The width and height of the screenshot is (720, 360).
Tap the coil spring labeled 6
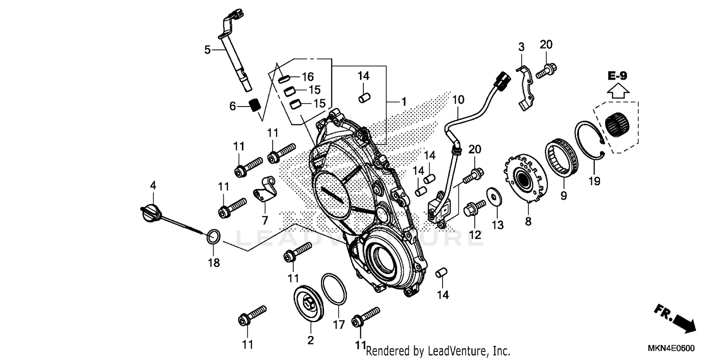[255, 104]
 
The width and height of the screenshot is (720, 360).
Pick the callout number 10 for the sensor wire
[458, 100]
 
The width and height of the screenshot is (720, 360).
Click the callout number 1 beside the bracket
[404, 102]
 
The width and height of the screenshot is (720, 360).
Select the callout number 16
[307, 77]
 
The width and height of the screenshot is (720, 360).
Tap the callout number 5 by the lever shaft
[207, 49]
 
